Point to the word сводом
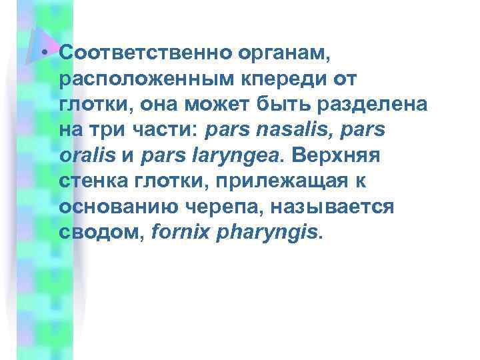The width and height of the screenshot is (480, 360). tap(89, 233)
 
